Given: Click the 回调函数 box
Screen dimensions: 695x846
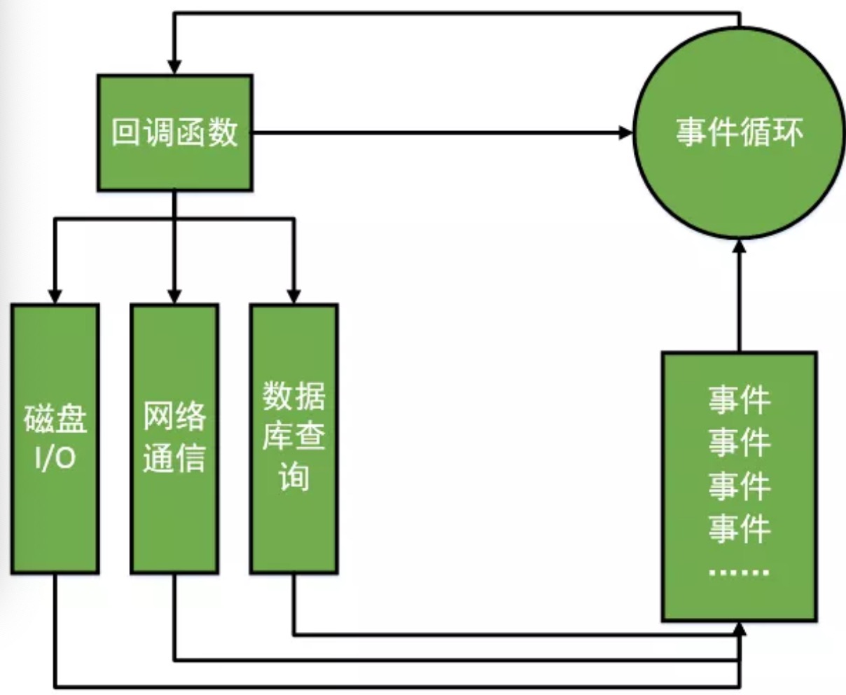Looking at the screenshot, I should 174,133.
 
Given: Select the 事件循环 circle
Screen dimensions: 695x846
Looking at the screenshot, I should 739,133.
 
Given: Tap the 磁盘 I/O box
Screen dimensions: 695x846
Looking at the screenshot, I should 55,438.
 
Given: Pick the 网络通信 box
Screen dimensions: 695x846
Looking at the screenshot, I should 174,438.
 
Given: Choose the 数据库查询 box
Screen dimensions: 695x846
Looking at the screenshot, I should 294,438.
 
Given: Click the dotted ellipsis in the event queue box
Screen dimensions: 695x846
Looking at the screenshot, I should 739,572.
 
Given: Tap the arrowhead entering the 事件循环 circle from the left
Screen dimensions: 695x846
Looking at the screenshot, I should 625,132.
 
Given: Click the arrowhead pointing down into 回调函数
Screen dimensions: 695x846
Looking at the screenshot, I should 174,67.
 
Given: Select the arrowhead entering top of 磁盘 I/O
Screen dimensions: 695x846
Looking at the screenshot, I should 55,296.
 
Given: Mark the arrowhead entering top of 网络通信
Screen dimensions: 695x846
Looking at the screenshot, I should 174,296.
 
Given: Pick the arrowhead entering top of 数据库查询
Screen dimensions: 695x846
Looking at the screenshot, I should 294,296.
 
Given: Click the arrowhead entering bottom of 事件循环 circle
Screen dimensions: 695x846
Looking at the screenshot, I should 739,247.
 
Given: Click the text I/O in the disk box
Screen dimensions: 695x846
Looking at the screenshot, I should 55,458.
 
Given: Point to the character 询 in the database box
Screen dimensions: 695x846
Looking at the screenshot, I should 294,478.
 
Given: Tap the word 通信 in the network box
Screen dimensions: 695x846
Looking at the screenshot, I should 174,458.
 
